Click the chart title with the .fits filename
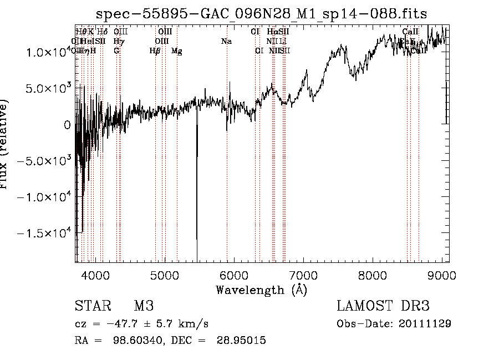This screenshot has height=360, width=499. click(261, 13)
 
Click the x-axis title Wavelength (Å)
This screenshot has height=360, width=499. click(261, 290)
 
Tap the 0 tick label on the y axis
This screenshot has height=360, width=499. click(67, 125)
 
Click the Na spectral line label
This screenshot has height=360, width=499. click(226, 42)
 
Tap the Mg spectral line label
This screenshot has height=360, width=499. click(177, 51)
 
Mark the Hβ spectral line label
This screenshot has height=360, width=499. click(155, 51)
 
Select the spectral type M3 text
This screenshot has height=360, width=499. click(144, 306)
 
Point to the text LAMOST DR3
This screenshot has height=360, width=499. click(383, 306)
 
